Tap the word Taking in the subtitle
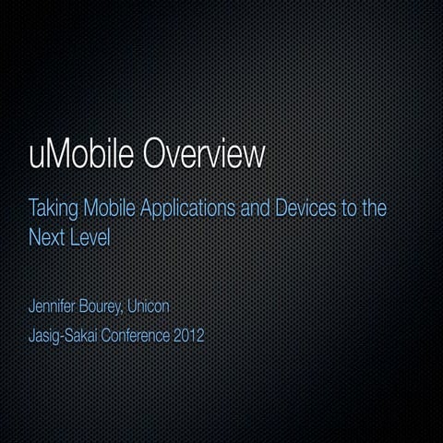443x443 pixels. pyautogui.click(x=52, y=208)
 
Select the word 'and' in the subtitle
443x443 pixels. pyautogui.click(x=250, y=208)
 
